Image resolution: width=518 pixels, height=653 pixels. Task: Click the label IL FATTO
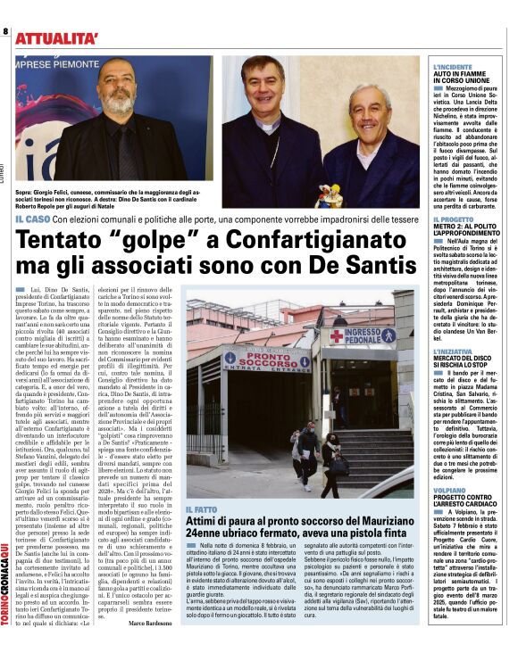tap(202, 508)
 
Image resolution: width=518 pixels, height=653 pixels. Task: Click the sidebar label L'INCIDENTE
tap(454, 68)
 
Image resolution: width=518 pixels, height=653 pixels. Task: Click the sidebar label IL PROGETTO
tap(454, 219)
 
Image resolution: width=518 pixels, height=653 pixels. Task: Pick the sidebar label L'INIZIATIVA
tap(455, 351)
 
